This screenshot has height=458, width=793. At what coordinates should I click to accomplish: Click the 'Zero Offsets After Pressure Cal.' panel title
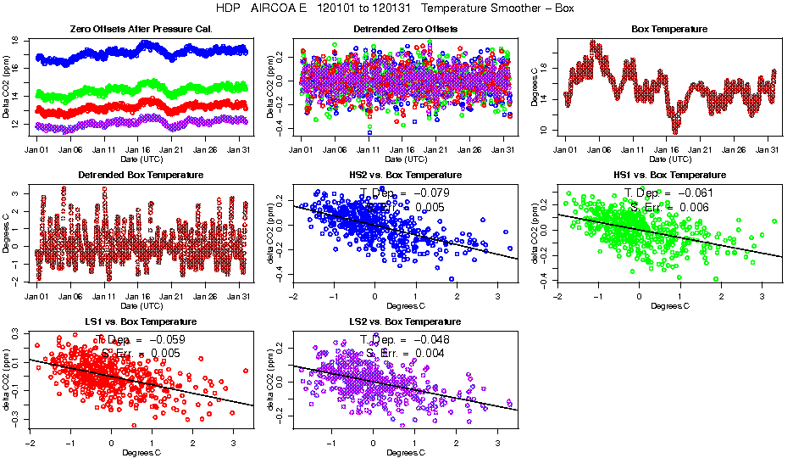(x=140, y=29)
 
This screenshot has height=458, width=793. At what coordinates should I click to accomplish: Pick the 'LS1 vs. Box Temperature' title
(x=140, y=322)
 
